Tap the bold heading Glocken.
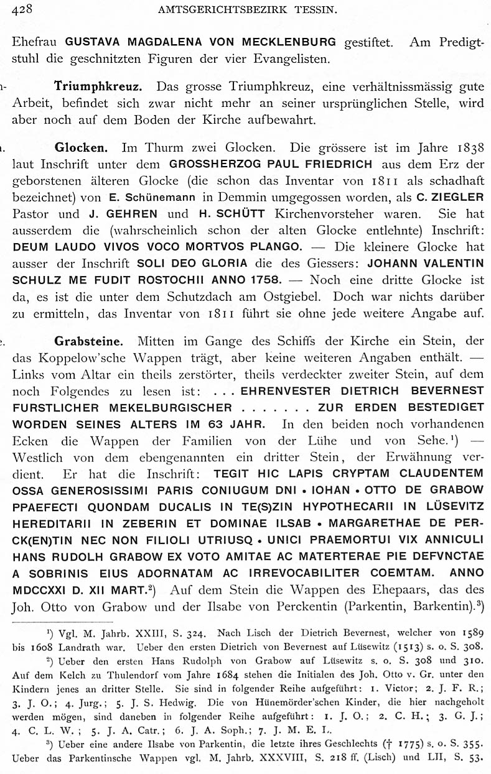tap(82, 148)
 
